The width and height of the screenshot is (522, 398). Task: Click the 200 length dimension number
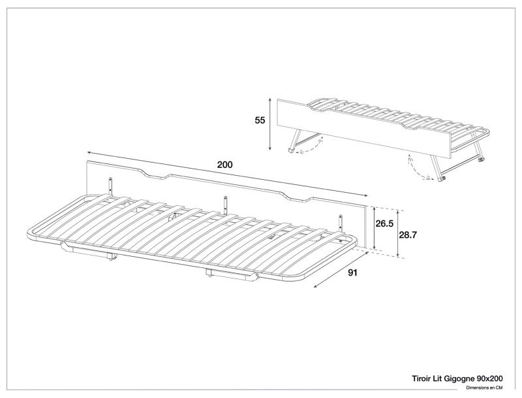pos(225,165)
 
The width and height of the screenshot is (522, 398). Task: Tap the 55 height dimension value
pos(260,120)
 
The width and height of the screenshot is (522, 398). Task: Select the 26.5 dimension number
pos(384,224)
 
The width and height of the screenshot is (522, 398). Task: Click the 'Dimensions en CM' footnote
pos(489,388)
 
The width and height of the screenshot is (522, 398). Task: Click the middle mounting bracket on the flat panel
pos(226,203)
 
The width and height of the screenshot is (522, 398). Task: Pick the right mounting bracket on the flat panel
pos(340,222)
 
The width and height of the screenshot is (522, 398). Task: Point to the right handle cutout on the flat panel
pos(297,195)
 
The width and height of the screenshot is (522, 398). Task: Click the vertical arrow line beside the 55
pos(271,124)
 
